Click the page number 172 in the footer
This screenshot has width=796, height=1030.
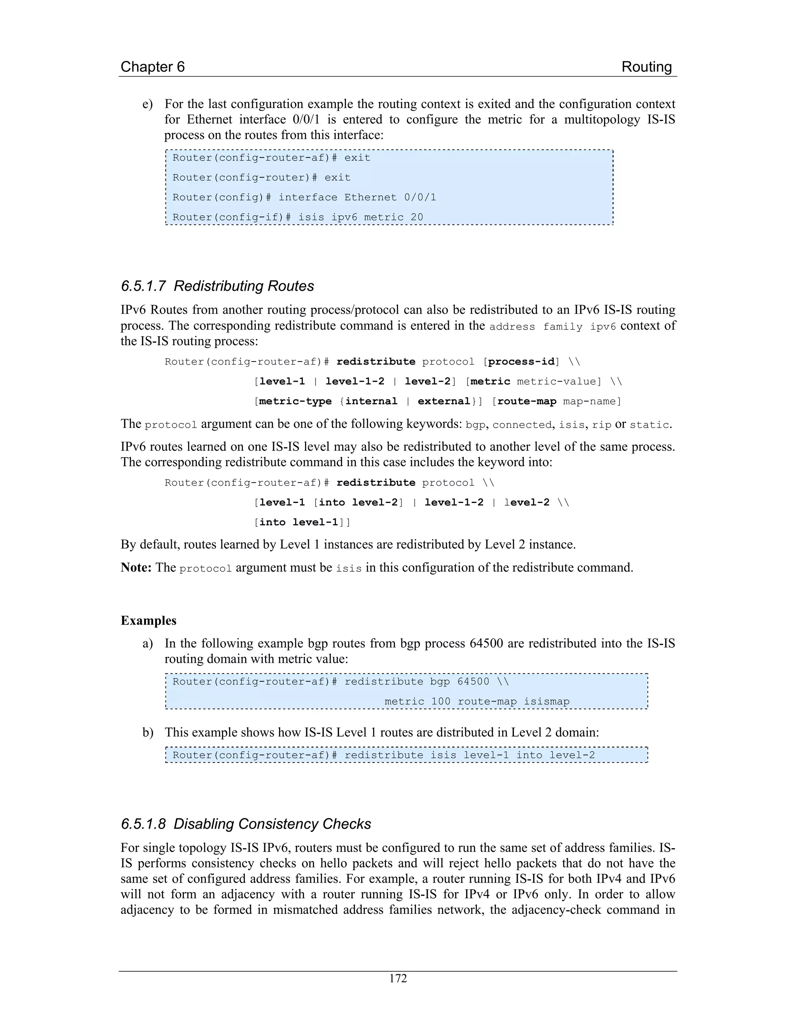pyautogui.click(x=398, y=978)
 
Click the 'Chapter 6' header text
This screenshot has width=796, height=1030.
pyautogui.click(x=152, y=66)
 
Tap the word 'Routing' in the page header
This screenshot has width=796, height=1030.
pyautogui.click(x=646, y=66)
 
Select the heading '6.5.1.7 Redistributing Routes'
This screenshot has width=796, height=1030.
pyautogui.click(x=217, y=286)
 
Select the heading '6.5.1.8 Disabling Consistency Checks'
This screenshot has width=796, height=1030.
pyautogui.click(x=246, y=824)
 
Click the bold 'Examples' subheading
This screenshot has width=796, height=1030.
pyautogui.click(x=148, y=620)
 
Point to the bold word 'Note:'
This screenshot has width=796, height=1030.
pyautogui.click(x=136, y=567)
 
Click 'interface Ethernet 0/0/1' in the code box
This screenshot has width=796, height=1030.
pyautogui.click(x=357, y=197)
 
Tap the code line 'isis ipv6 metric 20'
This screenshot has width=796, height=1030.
pyautogui.click(x=360, y=217)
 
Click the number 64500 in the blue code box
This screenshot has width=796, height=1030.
pyautogui.click(x=473, y=681)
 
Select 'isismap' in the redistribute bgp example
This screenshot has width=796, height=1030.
pyautogui.click(x=546, y=701)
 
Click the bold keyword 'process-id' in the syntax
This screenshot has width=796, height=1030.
pyautogui.click(x=521, y=362)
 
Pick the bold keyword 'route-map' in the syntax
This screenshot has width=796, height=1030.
pyautogui.click(x=527, y=402)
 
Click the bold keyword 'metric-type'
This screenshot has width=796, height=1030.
pyautogui.click(x=295, y=402)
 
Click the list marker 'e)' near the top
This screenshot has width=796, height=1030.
pyautogui.click(x=148, y=104)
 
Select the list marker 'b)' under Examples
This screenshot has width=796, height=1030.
pyautogui.click(x=148, y=732)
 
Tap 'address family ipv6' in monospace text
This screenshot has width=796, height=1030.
pyautogui.click(x=552, y=327)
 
